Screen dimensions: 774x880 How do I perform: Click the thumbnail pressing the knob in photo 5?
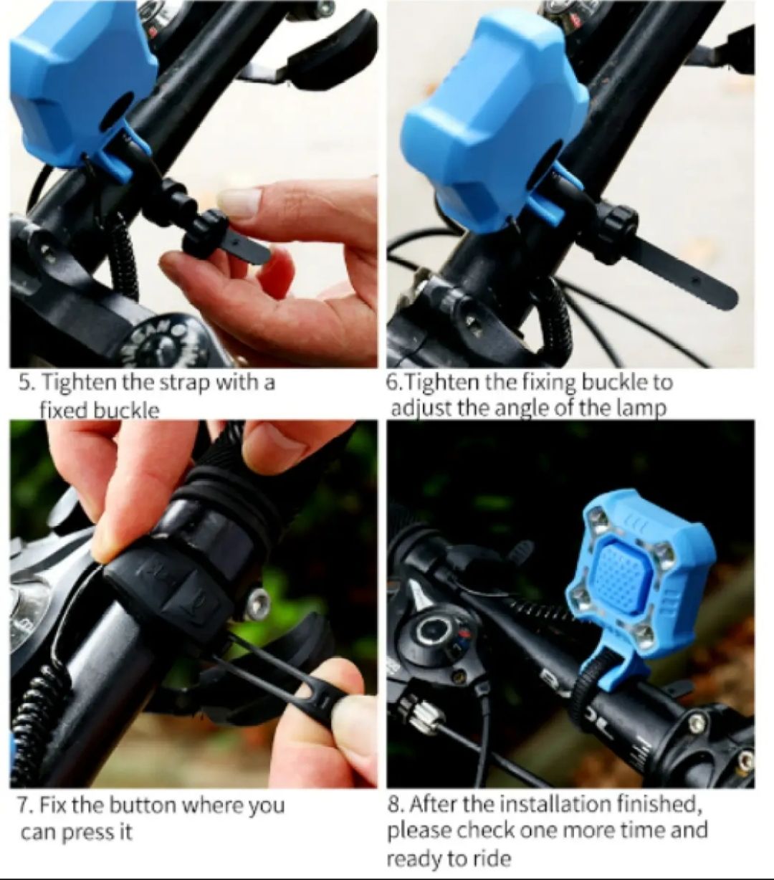click(x=240, y=202)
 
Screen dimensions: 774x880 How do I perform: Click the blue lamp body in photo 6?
click(x=491, y=122)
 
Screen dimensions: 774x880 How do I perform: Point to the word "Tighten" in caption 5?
click(x=80, y=382)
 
